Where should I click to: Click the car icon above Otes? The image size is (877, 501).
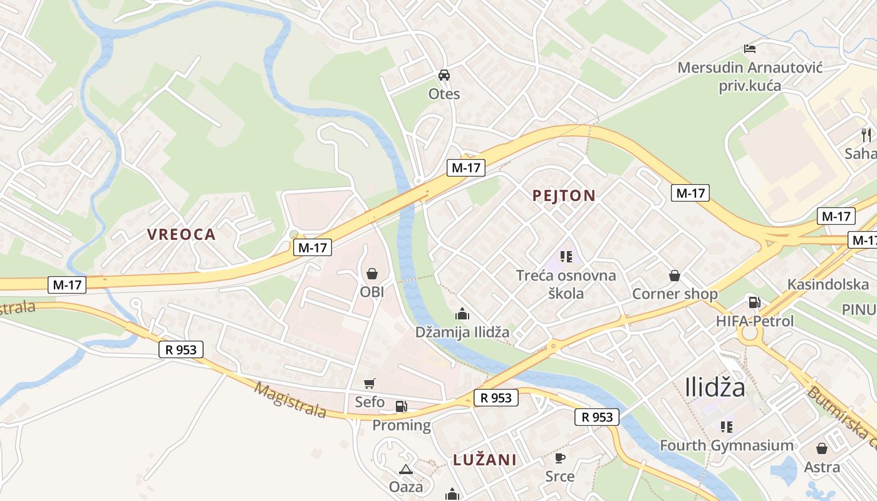coord(444,75)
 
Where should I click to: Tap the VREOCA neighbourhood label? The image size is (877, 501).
coord(181,235)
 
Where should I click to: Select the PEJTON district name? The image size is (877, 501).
coord(564,195)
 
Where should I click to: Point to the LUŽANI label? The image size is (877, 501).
coord(485,460)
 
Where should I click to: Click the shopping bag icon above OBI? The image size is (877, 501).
coord(372,274)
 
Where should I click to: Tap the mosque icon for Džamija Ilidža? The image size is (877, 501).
coord(462,313)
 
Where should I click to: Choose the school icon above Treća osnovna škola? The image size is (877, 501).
coord(566,256)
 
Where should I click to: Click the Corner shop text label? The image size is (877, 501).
coord(675,294)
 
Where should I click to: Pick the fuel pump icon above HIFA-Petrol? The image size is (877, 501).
coord(755,302)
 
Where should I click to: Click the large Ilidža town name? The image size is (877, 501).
coord(715,387)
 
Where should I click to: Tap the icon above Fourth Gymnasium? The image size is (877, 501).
coord(727,427)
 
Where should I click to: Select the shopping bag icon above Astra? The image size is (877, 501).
coord(822,448)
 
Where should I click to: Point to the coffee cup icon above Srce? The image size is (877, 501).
coord(560,458)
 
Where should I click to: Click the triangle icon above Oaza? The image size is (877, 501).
coord(406,468)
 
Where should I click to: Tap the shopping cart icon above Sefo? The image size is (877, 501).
coord(370,383)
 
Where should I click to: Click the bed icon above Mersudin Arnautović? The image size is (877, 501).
coord(750,48)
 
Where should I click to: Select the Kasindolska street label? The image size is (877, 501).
coord(828,284)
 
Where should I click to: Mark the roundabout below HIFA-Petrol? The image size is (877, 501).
coord(750,334)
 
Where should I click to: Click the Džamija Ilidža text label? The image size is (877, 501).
coord(462,332)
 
